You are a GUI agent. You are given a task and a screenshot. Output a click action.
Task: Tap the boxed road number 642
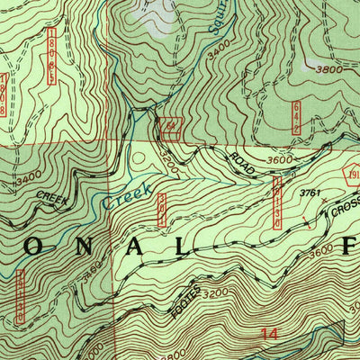(296, 118)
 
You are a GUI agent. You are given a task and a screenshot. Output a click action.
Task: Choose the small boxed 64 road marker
(170, 127)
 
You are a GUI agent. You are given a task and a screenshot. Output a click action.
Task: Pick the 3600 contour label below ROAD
(282, 160)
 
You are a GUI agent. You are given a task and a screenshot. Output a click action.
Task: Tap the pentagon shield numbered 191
(351, 176)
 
